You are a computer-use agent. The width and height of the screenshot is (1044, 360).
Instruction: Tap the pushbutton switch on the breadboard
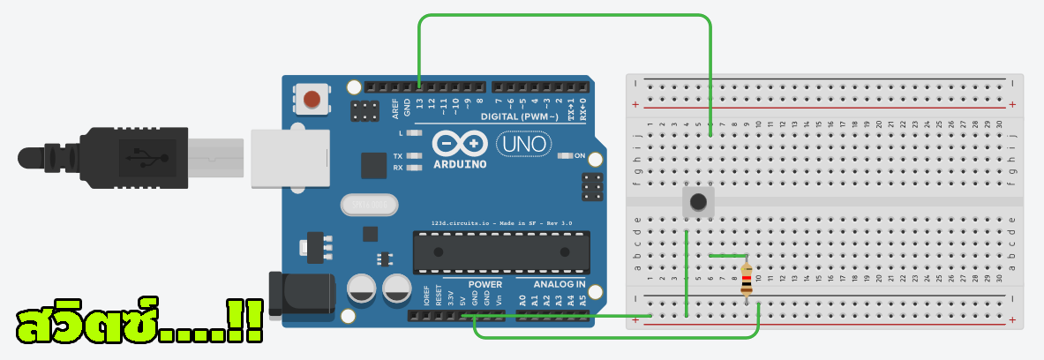tap(698, 202)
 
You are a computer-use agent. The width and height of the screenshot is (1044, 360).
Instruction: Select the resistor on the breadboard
tap(747, 280)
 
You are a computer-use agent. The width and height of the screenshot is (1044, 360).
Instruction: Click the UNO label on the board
tap(523, 142)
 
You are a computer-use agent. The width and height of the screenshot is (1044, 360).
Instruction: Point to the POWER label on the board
tap(484, 285)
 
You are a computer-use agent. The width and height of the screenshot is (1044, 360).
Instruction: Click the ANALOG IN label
tap(560, 285)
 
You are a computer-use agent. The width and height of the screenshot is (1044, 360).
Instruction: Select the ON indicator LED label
tap(579, 156)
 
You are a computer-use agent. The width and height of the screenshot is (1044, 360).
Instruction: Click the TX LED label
tap(398, 155)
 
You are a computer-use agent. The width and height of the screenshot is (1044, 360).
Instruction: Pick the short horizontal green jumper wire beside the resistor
tap(728, 256)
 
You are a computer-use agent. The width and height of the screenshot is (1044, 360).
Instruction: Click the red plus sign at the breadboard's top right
tap(1011, 105)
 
